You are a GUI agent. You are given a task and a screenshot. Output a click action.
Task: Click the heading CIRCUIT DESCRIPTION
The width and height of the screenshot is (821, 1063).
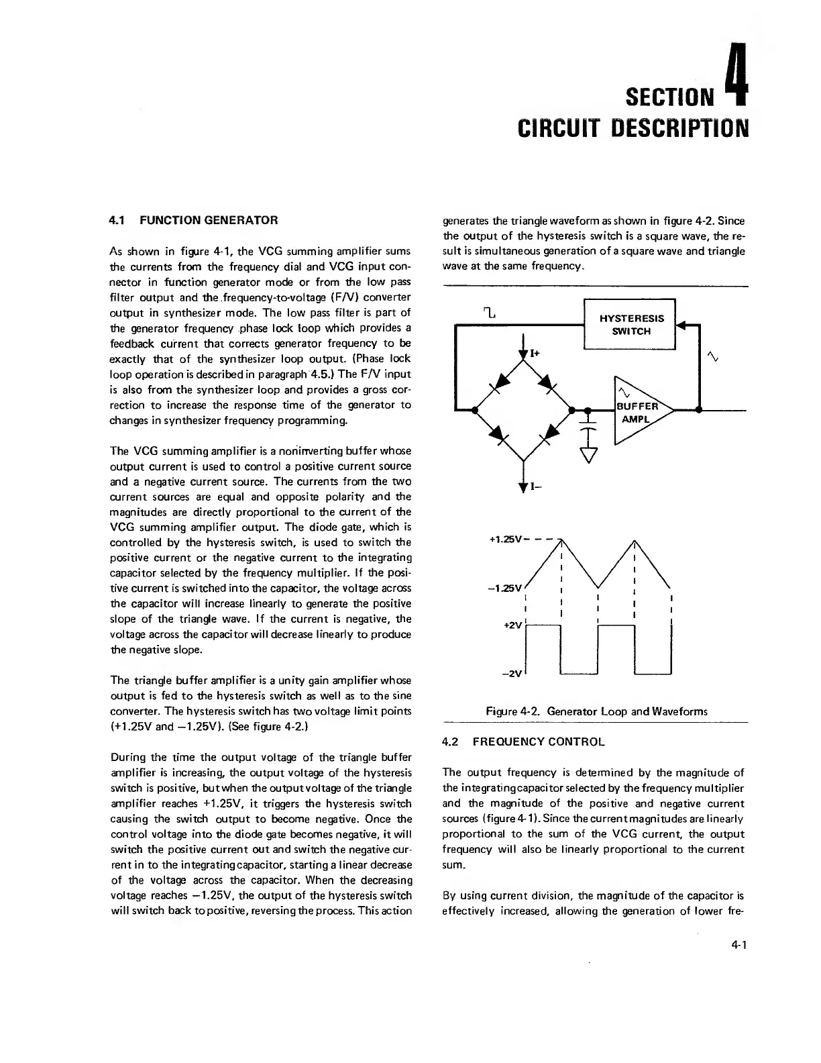click(633, 128)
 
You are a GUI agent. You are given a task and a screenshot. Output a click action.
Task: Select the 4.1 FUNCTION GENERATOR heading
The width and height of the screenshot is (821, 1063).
click(193, 220)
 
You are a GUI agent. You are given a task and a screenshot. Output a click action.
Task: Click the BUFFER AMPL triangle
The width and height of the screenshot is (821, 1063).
click(638, 411)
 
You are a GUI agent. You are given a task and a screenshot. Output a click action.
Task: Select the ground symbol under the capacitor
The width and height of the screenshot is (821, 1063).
click(588, 456)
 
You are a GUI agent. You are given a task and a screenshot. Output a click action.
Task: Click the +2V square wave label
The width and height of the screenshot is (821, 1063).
click(512, 625)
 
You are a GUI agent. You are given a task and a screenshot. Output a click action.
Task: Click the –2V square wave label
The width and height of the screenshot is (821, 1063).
click(512, 674)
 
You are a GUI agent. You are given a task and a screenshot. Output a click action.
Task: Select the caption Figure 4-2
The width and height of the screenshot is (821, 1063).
click(596, 711)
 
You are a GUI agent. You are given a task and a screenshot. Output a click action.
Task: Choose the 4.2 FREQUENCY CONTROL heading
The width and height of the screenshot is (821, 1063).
click(523, 742)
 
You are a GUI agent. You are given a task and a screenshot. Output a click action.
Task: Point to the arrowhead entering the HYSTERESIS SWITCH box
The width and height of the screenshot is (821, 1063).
click(681, 325)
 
